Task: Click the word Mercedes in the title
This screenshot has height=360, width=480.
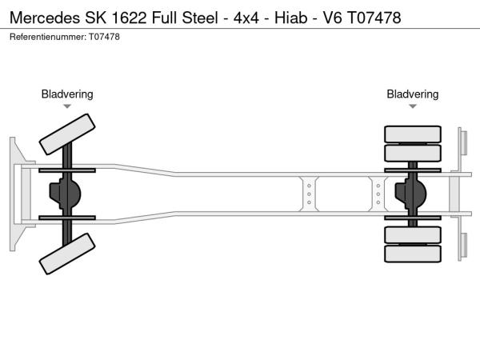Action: click(45, 18)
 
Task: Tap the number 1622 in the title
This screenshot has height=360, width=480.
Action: click(129, 18)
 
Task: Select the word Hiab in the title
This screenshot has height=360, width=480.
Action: click(291, 18)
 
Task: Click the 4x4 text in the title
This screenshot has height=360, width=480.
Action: click(246, 18)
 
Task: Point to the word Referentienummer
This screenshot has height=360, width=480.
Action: click(48, 37)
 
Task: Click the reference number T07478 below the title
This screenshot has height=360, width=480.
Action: click(104, 37)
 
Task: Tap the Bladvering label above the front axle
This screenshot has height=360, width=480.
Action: click(67, 94)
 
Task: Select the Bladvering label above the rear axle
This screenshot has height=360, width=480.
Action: click(413, 94)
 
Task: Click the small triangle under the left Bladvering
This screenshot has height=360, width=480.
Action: click(67, 106)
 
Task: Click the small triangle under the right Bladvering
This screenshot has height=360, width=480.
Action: click(413, 106)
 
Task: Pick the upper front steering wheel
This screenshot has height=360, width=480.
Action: click(67, 134)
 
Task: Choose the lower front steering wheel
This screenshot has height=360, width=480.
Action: click(67, 254)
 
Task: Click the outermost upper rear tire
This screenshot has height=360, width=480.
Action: click(413, 134)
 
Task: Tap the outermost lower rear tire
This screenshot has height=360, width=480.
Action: click(413, 254)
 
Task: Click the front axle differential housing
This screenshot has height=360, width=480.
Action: click(65, 194)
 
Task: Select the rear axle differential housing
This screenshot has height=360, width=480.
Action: click(410, 194)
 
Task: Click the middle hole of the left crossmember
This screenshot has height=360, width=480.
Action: click(309, 194)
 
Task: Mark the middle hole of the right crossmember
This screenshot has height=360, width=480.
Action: click(378, 194)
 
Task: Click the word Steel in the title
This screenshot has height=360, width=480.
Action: click(200, 18)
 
